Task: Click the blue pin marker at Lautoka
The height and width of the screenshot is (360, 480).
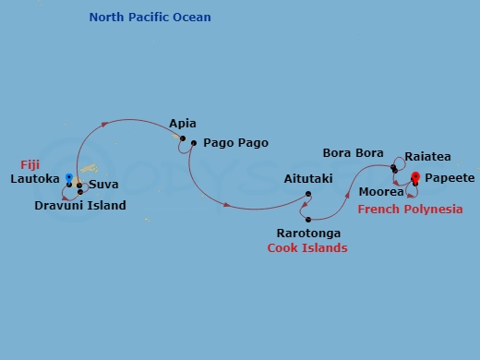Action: (68, 176)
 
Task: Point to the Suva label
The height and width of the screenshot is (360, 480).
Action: (103, 185)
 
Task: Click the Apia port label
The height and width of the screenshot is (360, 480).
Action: (183, 124)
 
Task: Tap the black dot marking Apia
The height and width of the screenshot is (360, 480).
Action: (183, 139)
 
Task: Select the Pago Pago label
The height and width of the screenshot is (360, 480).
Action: (235, 143)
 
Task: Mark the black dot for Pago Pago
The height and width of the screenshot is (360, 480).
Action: (194, 143)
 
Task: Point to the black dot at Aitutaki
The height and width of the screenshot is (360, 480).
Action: (308, 194)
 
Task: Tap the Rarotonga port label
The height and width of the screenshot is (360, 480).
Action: (309, 234)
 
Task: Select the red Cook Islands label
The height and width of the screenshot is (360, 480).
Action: (307, 248)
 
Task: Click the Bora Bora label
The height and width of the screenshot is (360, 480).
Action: (354, 152)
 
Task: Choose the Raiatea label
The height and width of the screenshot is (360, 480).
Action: (428, 159)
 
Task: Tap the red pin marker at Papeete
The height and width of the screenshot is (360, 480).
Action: (415, 177)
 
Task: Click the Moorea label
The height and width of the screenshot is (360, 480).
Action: (381, 192)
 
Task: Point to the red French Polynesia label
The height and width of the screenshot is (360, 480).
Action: (410, 210)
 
